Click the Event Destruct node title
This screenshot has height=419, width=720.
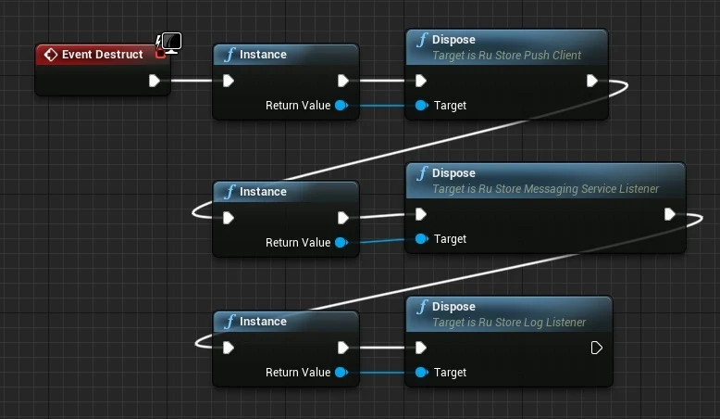point(102,55)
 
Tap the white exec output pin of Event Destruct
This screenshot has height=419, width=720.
point(155,81)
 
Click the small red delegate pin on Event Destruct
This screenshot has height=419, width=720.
point(160,54)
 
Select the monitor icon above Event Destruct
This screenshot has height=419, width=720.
point(171,43)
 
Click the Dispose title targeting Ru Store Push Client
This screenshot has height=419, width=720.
point(453,40)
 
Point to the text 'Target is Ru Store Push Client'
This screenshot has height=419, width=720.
point(506,56)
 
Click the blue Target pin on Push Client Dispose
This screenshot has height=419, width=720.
point(421,106)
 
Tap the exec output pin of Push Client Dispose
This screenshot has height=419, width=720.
point(592,81)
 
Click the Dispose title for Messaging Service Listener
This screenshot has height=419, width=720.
point(453,173)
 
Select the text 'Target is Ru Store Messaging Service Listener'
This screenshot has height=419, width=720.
point(545,189)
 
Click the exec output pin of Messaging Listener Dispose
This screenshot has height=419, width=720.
point(670,214)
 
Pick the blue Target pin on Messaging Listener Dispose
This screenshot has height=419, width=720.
point(421,239)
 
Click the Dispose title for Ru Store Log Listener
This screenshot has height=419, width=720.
point(453,307)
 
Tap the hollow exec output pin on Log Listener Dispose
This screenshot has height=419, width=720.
point(596,348)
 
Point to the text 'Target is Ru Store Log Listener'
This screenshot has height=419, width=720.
point(509,323)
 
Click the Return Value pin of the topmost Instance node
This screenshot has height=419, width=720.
point(341,106)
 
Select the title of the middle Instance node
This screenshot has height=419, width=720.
point(263,192)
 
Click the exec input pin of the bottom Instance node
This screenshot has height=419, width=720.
point(228,348)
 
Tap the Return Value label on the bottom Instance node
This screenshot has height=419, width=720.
point(297,373)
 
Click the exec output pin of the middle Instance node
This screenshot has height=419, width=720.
point(343,218)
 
